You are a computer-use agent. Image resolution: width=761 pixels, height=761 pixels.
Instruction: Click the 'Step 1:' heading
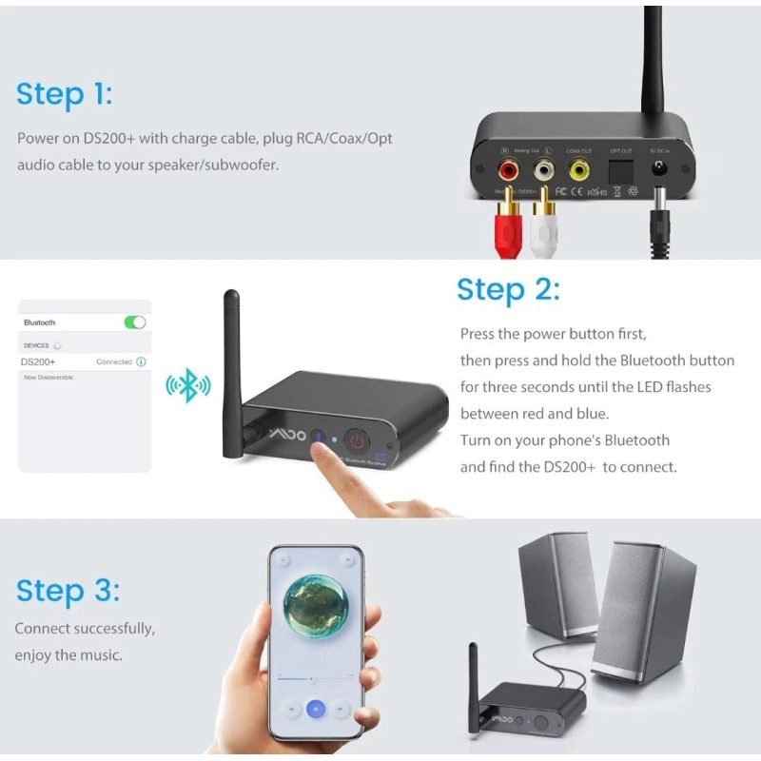point(65,94)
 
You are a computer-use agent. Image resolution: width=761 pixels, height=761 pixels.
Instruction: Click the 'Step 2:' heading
point(508,289)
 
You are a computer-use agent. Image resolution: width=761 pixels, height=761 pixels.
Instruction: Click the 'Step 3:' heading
point(68,591)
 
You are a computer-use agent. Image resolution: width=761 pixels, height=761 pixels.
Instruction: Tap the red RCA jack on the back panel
point(509,170)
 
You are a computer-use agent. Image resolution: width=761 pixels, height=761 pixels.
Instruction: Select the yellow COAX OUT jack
point(578,170)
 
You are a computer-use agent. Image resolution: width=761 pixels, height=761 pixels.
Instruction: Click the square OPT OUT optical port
point(620,169)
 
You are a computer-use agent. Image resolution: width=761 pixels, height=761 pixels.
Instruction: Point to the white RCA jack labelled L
point(543,170)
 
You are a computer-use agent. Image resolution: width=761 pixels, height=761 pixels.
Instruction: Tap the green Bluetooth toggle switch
point(135,322)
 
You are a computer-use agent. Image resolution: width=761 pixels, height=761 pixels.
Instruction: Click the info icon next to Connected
point(141,362)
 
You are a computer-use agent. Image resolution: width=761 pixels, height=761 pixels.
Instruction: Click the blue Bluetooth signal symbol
point(188,385)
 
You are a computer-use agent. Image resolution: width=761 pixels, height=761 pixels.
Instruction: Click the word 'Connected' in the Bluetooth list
point(114,362)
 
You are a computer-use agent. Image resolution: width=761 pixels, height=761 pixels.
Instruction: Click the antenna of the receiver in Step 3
point(473,685)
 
